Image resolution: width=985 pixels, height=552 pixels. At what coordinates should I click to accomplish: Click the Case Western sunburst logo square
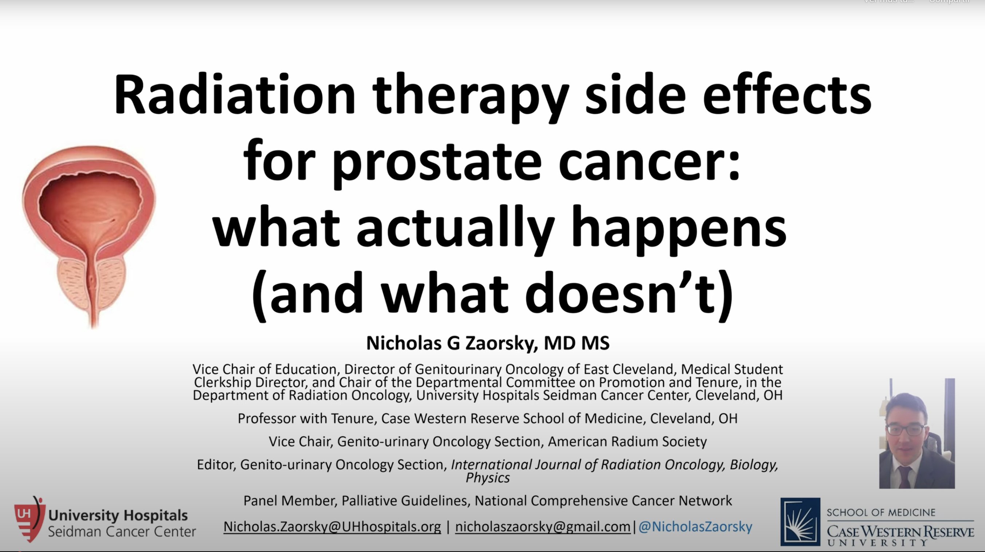(x=800, y=521)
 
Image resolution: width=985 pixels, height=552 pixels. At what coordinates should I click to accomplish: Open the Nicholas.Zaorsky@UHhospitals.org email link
(x=332, y=527)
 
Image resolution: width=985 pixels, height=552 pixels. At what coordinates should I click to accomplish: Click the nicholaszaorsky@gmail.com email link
(x=542, y=527)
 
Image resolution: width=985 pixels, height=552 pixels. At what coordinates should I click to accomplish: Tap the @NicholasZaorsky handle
(x=695, y=527)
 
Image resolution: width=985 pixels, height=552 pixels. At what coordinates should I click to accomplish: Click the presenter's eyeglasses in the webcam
(x=906, y=429)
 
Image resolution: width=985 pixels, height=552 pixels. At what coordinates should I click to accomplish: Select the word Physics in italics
(x=487, y=477)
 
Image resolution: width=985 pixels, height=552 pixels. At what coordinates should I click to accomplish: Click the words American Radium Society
(x=627, y=442)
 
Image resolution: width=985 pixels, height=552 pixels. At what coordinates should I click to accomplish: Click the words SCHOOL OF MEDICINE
(x=881, y=512)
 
